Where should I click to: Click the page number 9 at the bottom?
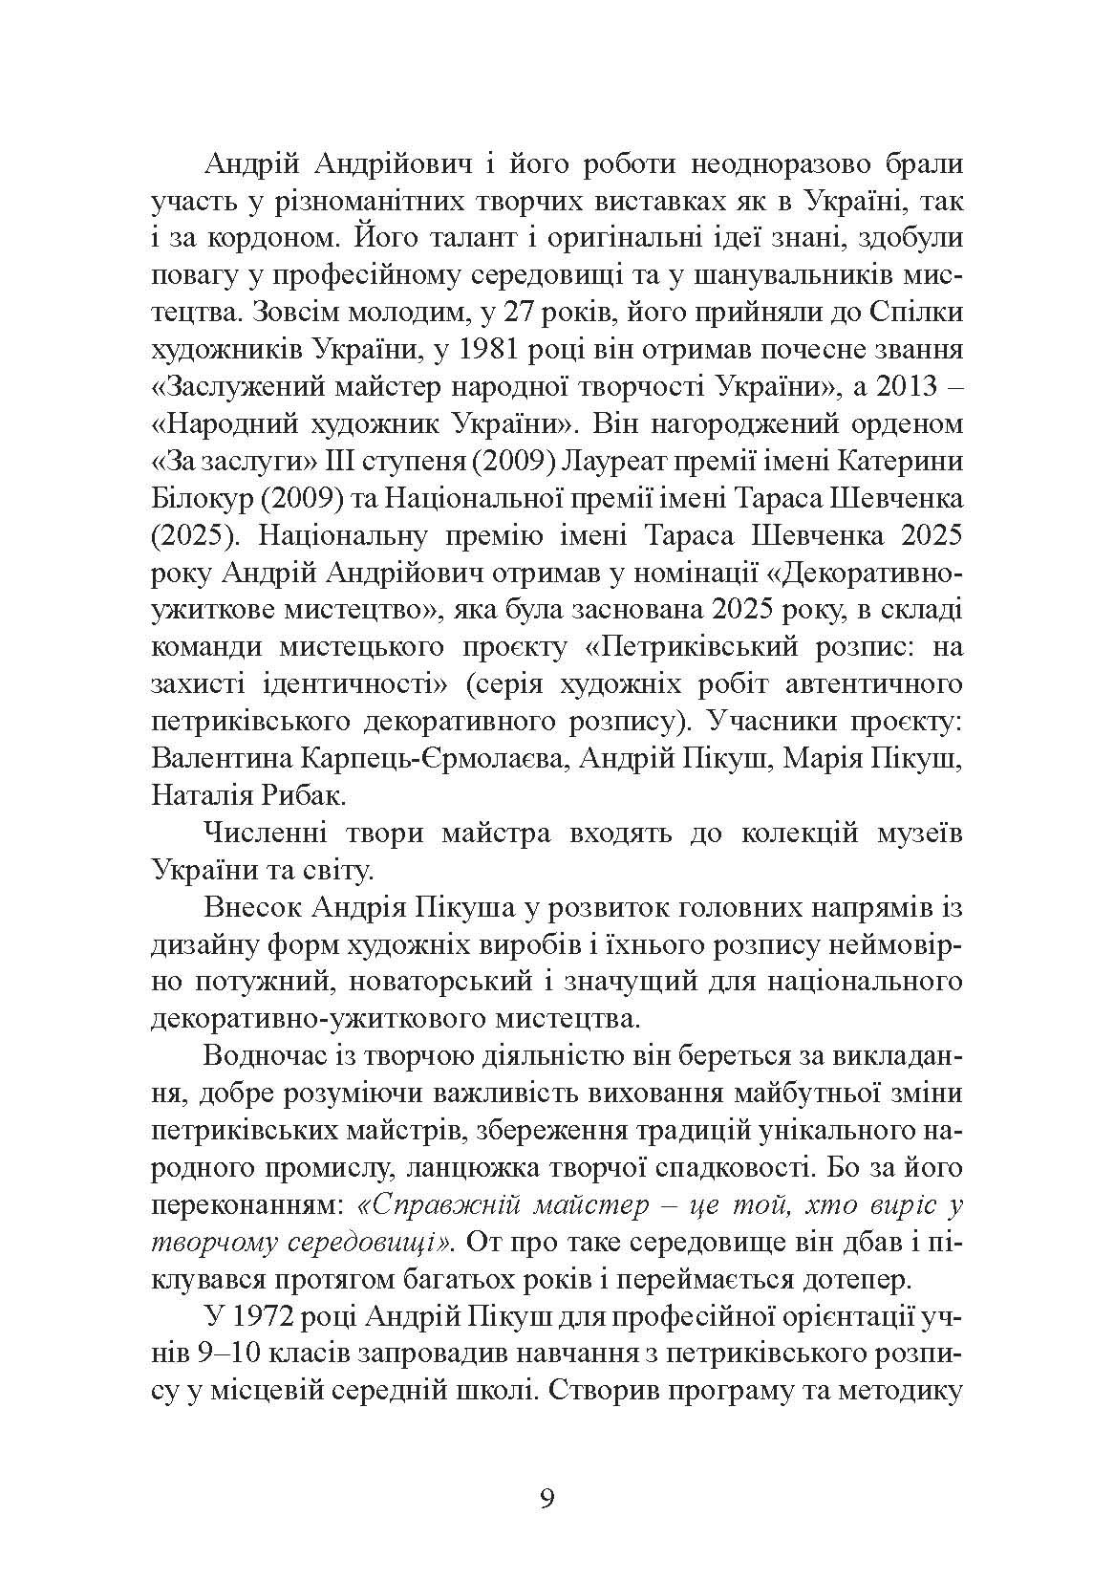coord(546,1497)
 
